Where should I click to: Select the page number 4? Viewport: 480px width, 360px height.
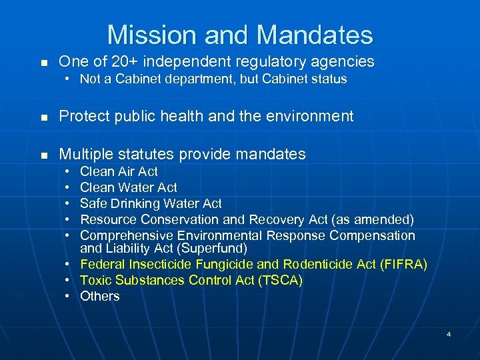point(449,334)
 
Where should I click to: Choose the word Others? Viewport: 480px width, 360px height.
point(100,297)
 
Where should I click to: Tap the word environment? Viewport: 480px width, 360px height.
point(314,117)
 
